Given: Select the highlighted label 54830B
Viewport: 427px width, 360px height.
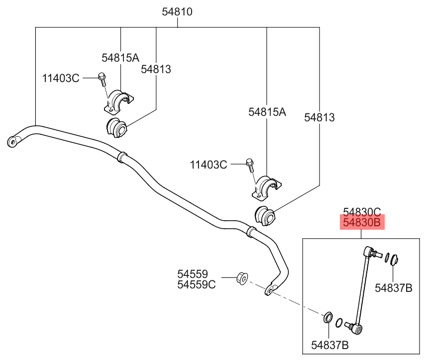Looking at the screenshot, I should click(x=362, y=223).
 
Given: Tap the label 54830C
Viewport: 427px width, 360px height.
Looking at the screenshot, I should click(x=362, y=211).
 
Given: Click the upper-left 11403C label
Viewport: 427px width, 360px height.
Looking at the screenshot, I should click(x=60, y=78).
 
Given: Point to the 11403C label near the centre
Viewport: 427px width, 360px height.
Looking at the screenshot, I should click(x=209, y=164).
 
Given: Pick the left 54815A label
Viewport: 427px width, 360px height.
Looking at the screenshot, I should click(x=120, y=58).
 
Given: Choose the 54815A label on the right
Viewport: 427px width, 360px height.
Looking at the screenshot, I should click(x=267, y=112).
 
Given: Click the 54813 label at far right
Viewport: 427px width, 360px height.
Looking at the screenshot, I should click(x=320, y=117).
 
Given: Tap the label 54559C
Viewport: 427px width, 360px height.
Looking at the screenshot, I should click(x=197, y=284).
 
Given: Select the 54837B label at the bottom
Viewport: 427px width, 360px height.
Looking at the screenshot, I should click(x=329, y=344).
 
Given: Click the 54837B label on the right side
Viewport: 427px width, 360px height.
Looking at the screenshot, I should click(x=394, y=287).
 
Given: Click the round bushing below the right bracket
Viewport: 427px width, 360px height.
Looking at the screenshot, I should click(x=264, y=215).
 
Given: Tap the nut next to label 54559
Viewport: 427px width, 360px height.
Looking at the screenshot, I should click(x=242, y=278).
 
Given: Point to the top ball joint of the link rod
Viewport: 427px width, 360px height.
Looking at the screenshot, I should click(x=369, y=253).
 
